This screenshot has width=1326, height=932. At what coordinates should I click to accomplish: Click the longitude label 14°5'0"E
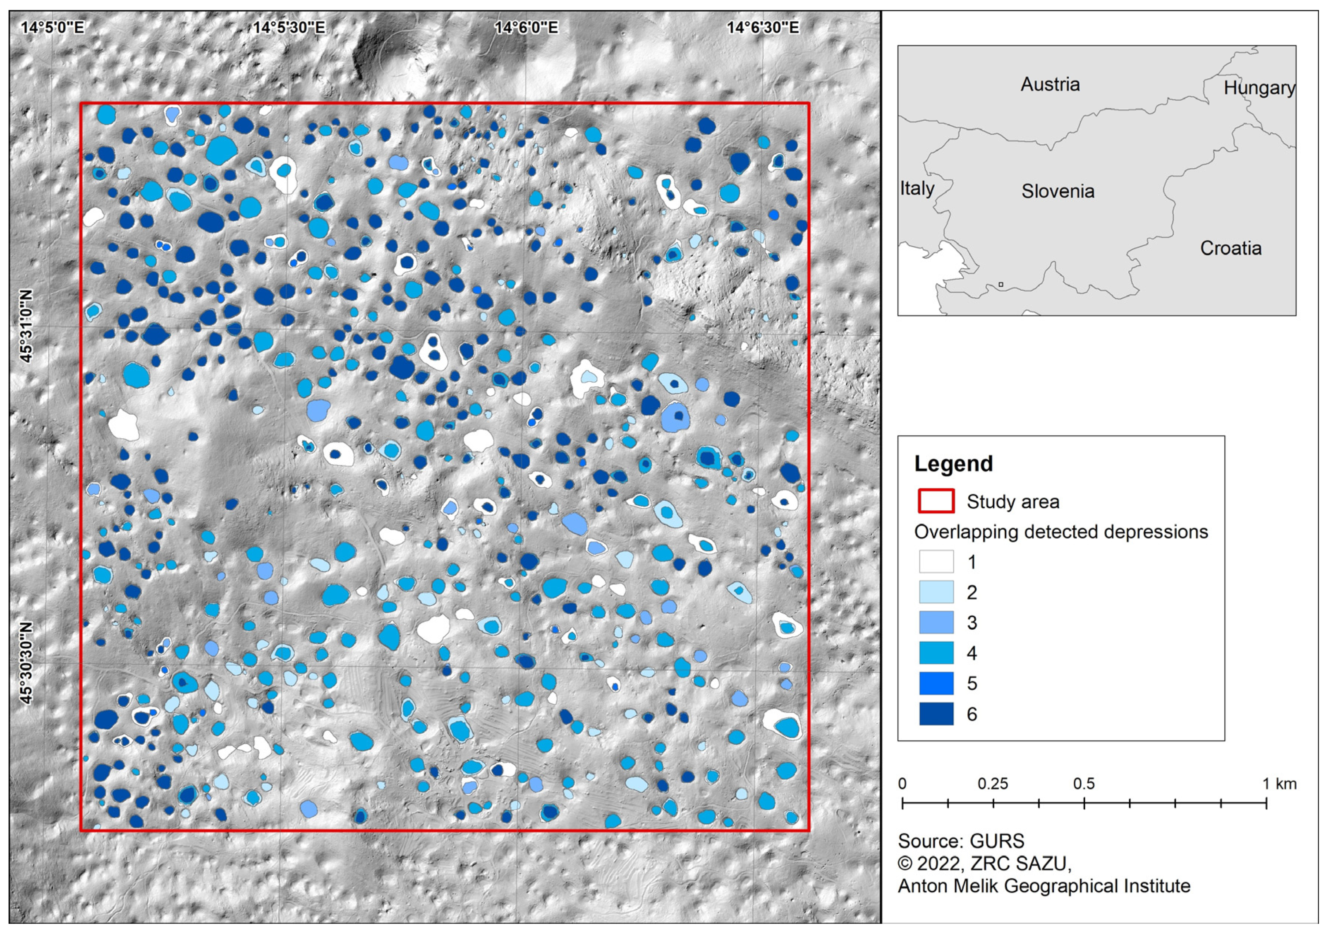click(53, 27)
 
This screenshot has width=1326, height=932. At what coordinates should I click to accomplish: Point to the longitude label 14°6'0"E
click(526, 27)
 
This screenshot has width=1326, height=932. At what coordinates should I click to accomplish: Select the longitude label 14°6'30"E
click(763, 27)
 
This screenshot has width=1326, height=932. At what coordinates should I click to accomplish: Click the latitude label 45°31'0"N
click(26, 326)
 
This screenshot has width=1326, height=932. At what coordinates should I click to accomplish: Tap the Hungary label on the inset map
click(1259, 88)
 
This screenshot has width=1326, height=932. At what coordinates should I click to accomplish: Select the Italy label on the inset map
click(917, 188)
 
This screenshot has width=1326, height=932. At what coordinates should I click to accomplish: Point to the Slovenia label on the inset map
click(1058, 191)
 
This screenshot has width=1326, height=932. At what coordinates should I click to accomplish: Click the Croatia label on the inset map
click(1231, 249)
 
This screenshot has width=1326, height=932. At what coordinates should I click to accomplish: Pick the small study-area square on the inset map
click(1001, 284)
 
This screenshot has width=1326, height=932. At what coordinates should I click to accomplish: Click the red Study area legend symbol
click(936, 501)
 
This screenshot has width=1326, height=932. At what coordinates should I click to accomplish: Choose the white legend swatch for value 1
click(936, 561)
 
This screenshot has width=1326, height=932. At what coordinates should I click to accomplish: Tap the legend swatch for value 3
click(936, 622)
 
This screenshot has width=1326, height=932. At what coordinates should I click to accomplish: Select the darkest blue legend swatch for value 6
click(936, 714)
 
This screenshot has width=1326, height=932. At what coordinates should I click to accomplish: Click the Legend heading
click(953, 464)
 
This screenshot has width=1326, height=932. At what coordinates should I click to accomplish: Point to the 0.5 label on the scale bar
click(1084, 784)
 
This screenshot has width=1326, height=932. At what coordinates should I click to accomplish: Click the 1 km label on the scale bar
click(1279, 784)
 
